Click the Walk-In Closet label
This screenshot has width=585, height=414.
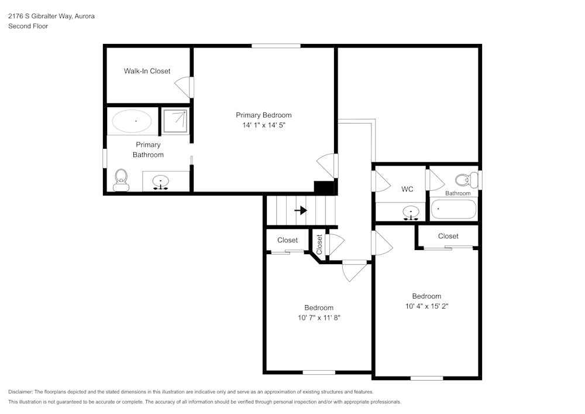(x=147, y=71)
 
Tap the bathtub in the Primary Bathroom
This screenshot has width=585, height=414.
(x=132, y=121)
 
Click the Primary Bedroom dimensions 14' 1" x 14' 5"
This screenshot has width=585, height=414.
(x=263, y=125)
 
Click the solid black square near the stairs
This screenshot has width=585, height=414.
(x=324, y=187)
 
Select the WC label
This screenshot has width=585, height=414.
(x=407, y=189)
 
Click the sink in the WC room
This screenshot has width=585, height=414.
(x=411, y=212)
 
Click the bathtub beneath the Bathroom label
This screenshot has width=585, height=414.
(x=453, y=209)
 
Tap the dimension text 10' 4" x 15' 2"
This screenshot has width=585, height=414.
(x=426, y=306)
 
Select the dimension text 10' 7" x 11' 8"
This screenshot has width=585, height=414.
(x=319, y=317)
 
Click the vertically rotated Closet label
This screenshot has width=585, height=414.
(x=319, y=244)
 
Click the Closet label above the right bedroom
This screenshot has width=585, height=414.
(x=448, y=236)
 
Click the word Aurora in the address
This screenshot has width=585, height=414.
(x=84, y=16)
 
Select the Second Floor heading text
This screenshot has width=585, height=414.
(x=28, y=26)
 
